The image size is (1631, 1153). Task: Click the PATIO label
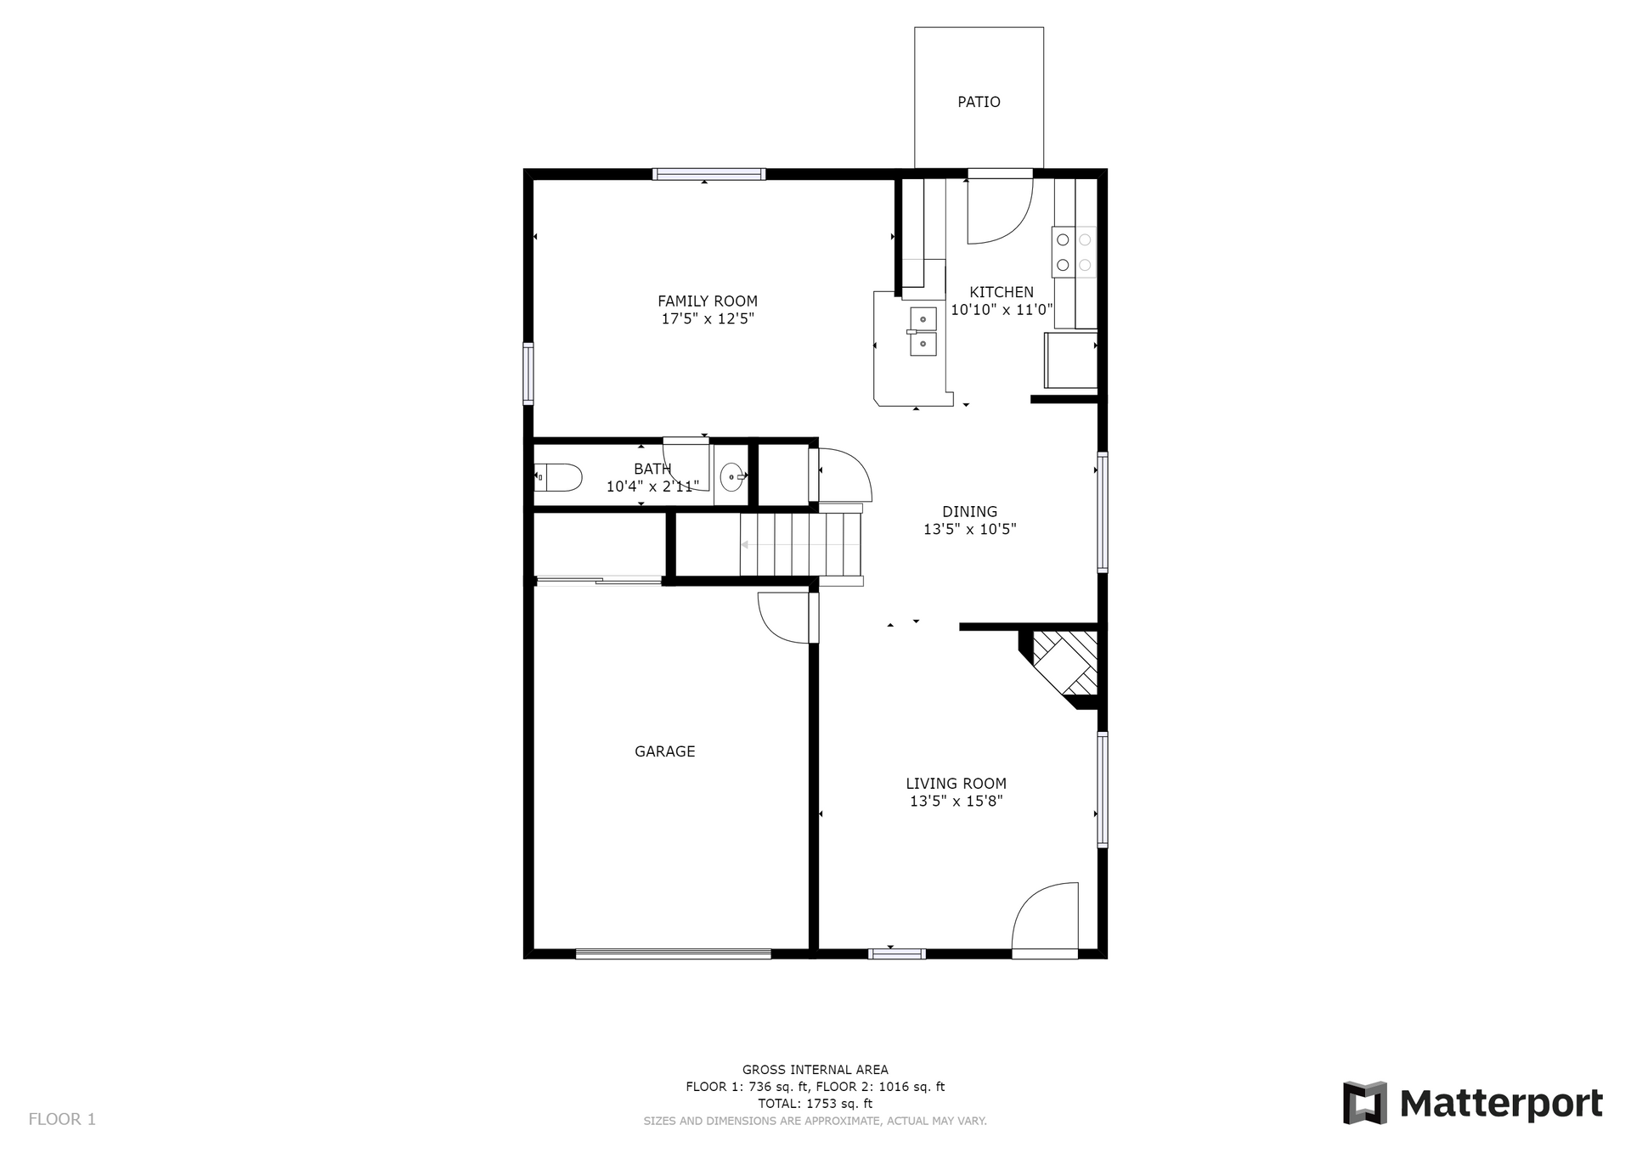[x=979, y=102]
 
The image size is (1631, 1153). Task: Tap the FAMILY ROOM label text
[x=708, y=301]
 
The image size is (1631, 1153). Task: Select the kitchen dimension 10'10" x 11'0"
[x=1002, y=310]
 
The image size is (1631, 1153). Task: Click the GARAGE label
[x=665, y=751]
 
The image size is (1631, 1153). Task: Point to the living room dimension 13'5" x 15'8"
[x=957, y=801]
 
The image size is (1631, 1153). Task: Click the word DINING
[x=970, y=511]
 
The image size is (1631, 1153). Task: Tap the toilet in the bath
[x=558, y=477]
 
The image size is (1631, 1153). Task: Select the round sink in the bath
[x=732, y=477]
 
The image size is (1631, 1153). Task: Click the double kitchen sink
[x=923, y=331]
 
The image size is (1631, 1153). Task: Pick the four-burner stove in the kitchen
[x=1074, y=252]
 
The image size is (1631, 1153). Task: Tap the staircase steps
[x=800, y=545]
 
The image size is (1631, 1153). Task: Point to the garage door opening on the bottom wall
[x=673, y=953]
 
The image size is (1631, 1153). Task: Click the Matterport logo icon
[x=1365, y=1103]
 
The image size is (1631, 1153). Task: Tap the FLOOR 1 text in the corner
[x=62, y=1119]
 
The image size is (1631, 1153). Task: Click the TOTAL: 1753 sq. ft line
[x=815, y=1104]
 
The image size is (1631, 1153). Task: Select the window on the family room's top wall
[x=708, y=174]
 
